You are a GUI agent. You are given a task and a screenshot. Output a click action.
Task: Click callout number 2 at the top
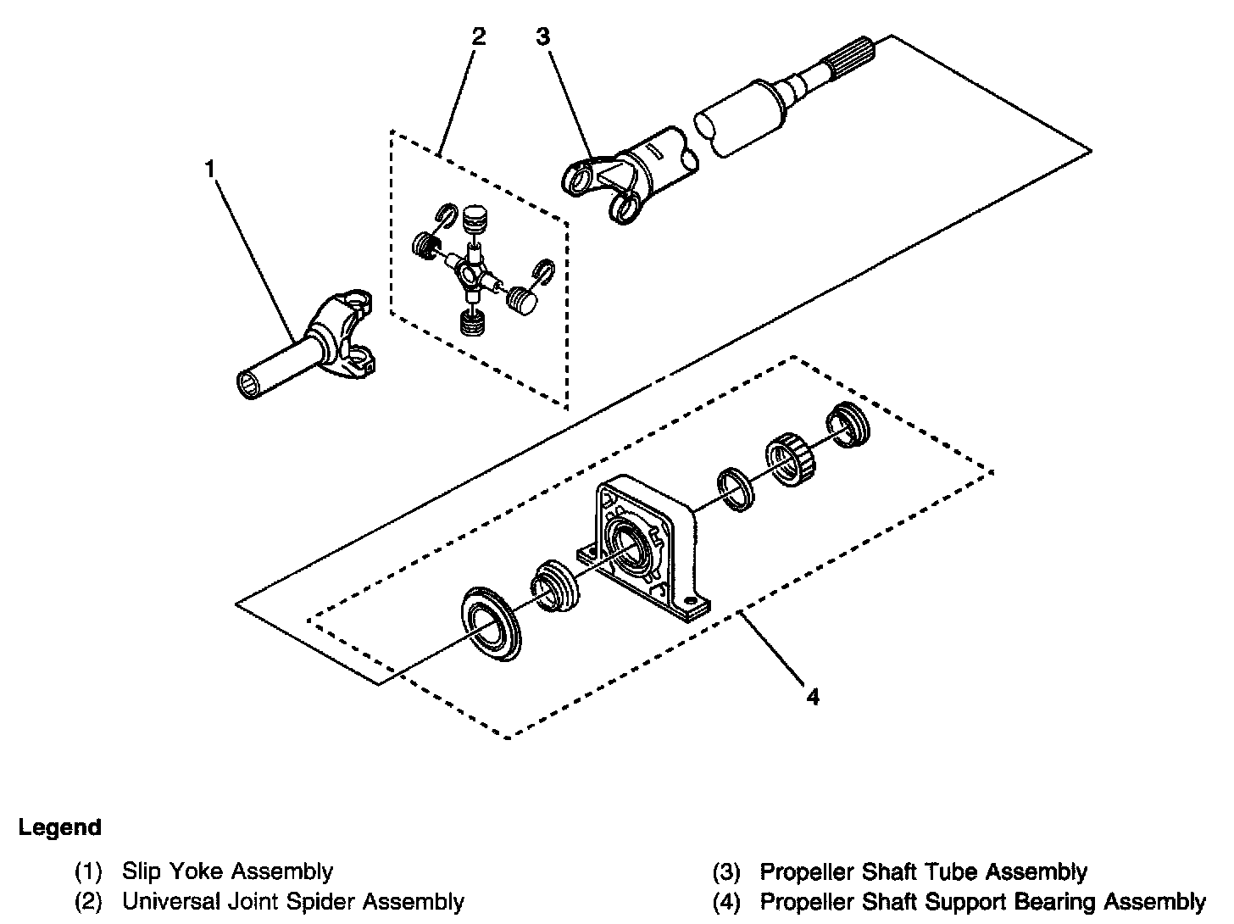[x=478, y=37]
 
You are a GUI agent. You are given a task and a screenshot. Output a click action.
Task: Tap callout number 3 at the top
[x=542, y=37]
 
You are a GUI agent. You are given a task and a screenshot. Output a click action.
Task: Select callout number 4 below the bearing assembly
[x=813, y=698]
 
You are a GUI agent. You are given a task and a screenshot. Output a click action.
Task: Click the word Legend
[x=60, y=827]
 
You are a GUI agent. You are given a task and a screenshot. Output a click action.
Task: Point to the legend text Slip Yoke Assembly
[x=228, y=871]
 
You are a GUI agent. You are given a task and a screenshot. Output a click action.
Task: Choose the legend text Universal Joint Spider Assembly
[x=293, y=901]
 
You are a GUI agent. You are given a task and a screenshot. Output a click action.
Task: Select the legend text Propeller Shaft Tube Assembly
[x=924, y=871]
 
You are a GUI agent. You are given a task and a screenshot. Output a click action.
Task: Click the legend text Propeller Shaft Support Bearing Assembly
[x=983, y=901]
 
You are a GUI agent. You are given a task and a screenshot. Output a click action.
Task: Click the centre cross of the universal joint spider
[x=471, y=274]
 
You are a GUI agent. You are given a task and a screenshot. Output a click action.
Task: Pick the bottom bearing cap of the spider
[x=472, y=322]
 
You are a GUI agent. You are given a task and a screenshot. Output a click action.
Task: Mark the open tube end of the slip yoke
[x=249, y=384]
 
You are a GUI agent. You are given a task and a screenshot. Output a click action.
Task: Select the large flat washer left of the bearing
[x=491, y=624]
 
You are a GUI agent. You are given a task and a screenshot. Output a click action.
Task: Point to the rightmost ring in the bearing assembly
[x=848, y=425]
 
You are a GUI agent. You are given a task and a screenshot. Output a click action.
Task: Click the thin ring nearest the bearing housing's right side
[x=736, y=489]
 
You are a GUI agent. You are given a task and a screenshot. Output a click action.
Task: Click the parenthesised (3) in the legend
[x=725, y=871]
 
